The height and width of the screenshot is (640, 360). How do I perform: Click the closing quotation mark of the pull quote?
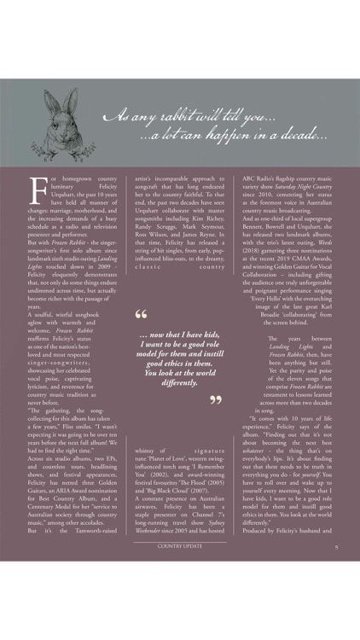click(217, 399)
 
